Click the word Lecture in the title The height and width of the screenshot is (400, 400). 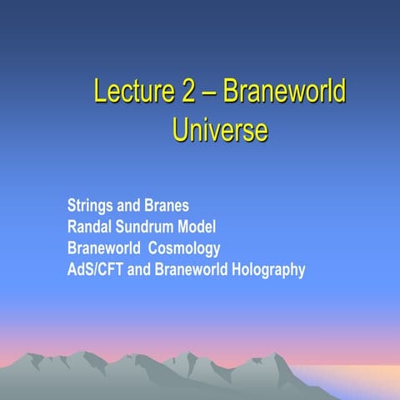133,91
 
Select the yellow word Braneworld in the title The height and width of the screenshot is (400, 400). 283,91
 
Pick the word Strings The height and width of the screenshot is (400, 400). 90,205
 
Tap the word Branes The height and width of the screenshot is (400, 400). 167,205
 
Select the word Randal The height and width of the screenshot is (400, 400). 90,227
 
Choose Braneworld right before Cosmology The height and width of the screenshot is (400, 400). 103,248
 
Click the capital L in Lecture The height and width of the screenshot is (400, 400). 100,91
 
